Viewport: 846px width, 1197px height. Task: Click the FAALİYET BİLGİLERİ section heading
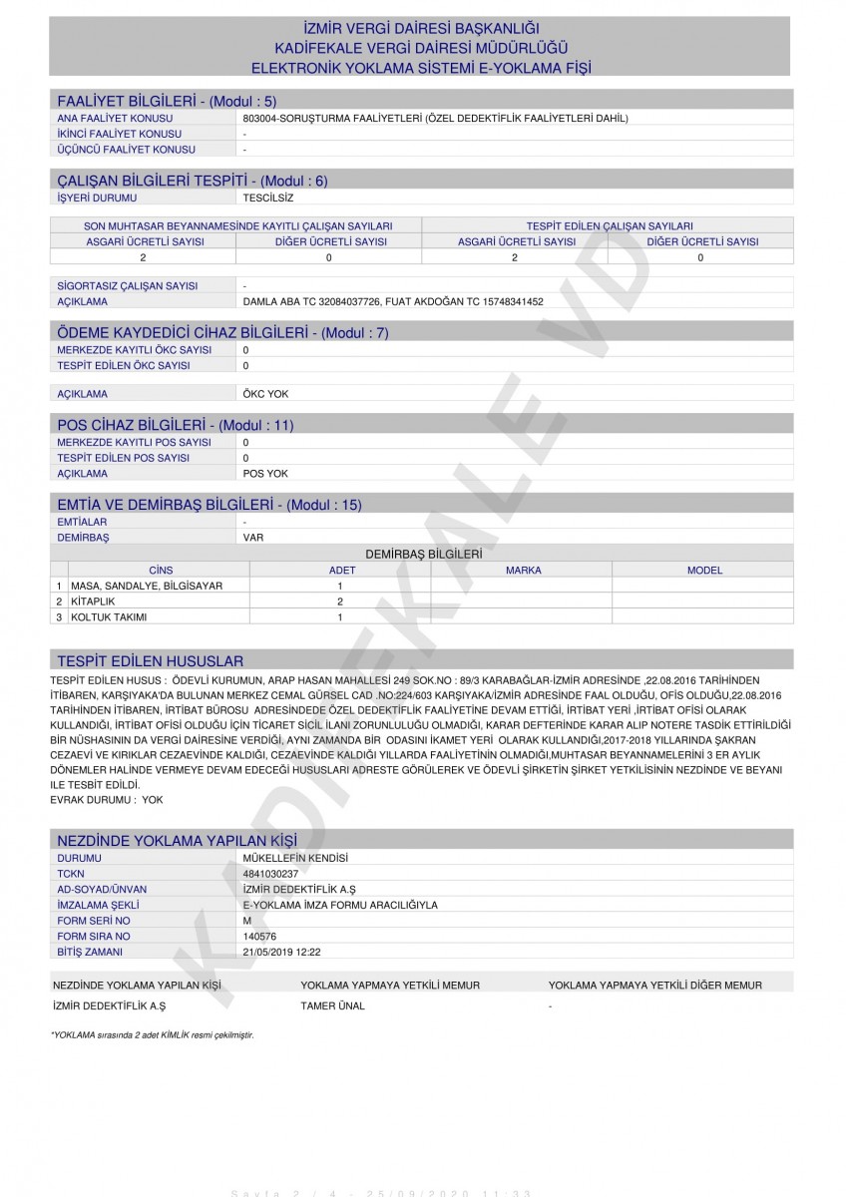pos(167,101)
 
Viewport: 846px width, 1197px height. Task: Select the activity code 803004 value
pos(435,118)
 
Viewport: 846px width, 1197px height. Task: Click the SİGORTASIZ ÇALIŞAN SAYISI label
pos(128,285)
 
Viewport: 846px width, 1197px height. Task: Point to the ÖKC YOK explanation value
pos(265,394)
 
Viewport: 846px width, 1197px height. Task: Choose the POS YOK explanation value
pos(265,474)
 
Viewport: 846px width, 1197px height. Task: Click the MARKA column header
pos(523,571)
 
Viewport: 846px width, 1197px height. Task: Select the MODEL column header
pos(704,571)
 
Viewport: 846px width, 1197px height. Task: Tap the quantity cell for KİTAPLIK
pos(340,601)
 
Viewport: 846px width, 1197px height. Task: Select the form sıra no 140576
pos(260,937)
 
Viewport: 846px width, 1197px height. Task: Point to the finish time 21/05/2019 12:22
pos(282,953)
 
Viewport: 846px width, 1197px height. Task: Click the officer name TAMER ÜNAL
pos(332,1005)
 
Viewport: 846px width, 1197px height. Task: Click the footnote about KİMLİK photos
pos(152,1035)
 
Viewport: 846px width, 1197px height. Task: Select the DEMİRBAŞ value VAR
pos(253,538)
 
